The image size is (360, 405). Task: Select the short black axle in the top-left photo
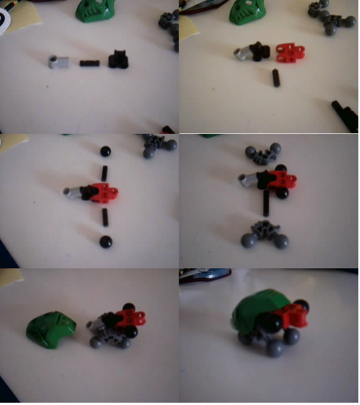pos(89,63)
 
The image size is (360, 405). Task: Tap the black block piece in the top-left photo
pos(119,59)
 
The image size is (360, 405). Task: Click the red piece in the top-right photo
pos(290,52)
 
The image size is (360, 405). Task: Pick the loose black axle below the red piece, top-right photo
pos(276,78)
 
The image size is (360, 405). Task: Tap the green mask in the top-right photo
pos(246,12)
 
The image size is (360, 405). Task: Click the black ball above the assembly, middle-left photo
pos(105,151)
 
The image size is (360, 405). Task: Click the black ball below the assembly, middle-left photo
pos(105,242)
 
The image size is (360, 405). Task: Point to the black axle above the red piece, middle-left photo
pos(104,172)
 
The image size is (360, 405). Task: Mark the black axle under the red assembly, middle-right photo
pos(265,205)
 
